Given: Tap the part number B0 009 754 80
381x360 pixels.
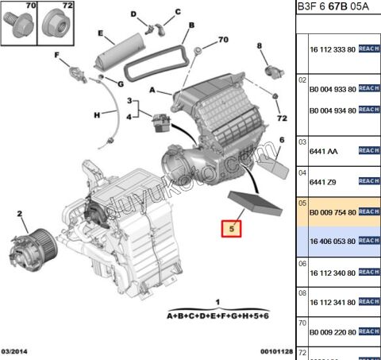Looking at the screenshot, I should pos(332,212).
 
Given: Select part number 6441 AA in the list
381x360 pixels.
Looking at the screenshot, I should pos(321,150).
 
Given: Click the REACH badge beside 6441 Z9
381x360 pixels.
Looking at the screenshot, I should pos(369,180).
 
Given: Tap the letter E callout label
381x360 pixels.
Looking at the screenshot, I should pos(101,33).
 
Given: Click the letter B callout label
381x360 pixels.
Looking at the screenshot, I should pos(190,26).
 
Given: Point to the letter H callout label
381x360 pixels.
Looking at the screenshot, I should pos(96,114).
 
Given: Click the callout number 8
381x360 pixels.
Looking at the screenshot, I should pos(260,47).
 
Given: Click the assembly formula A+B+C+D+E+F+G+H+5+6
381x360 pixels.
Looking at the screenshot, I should pos(218,316).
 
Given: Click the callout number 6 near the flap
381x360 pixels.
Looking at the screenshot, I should pos(282,140).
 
